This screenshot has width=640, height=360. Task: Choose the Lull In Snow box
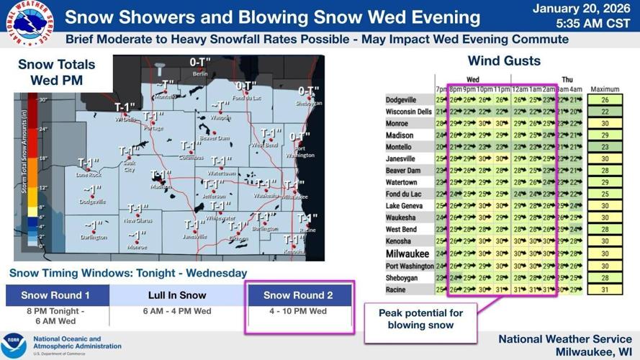(x=177, y=295)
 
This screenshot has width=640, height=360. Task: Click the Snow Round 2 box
(x=299, y=295)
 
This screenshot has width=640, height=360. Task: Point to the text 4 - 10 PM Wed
(x=299, y=312)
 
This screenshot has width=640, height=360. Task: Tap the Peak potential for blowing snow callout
(x=421, y=319)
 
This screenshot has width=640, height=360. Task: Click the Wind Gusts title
(x=504, y=60)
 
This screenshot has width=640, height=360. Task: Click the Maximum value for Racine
(x=605, y=289)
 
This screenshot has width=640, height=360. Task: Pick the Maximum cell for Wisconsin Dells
(x=605, y=112)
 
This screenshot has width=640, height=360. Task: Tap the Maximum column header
(x=605, y=89)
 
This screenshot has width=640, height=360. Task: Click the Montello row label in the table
(x=400, y=147)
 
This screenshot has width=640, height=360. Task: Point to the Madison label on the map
(x=161, y=186)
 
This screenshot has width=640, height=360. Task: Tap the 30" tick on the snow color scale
(x=42, y=99)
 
